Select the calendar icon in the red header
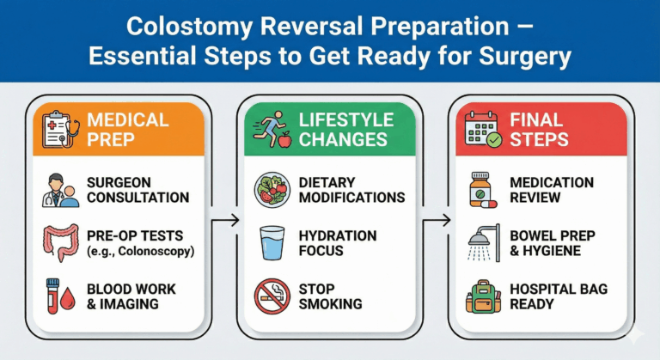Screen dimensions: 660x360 pyautogui.click(x=483, y=129)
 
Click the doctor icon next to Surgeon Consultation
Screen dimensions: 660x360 pyautogui.click(x=61, y=190)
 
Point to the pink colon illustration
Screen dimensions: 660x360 pyautogui.click(x=61, y=243)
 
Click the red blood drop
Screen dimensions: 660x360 pyautogui.click(x=67, y=298)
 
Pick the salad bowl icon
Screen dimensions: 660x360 pyautogui.click(x=272, y=190)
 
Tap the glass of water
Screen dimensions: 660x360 pyautogui.click(x=272, y=243)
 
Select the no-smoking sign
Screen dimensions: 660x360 pyautogui.click(x=272, y=296)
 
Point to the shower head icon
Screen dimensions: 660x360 pyautogui.click(x=484, y=243)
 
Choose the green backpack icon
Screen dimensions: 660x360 pyautogui.click(x=483, y=296)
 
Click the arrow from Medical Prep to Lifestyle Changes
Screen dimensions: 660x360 pyautogui.click(x=225, y=220)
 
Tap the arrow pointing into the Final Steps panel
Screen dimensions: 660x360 pyautogui.click(x=437, y=220)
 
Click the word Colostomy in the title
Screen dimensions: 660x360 pyautogui.click(x=189, y=26)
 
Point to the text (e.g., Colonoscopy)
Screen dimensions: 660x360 pyautogui.click(x=141, y=252)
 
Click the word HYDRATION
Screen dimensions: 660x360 pyautogui.click(x=338, y=235)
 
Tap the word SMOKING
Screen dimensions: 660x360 pyautogui.click(x=330, y=304)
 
